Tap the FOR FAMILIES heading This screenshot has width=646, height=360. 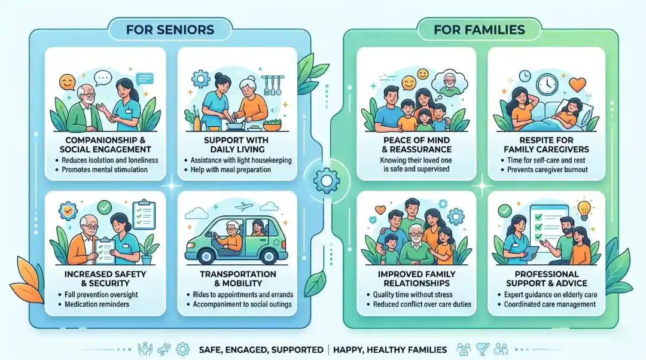pos(480,29)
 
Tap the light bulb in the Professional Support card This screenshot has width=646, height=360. pos(584,209)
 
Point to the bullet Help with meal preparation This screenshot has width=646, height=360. pos(231,170)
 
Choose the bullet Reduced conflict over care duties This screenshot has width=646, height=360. pos(418,304)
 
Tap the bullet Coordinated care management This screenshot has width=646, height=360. pos(549,304)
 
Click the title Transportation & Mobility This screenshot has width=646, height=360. pos(237,279)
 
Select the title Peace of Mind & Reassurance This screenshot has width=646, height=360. pos(416,144)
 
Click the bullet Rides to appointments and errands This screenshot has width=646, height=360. pos(243,295)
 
